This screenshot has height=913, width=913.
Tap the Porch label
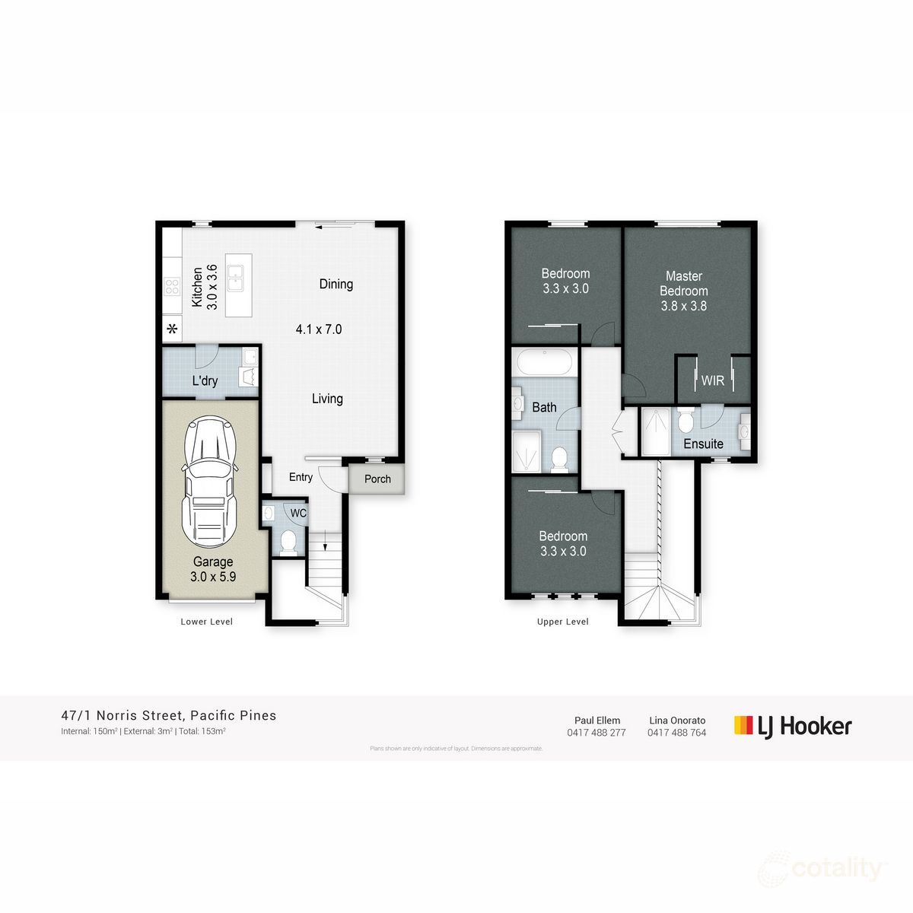coord(377,479)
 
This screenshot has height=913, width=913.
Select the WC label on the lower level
coord(298,514)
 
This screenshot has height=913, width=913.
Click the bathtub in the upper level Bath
coord(545,362)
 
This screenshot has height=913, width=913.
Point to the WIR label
coord(713,380)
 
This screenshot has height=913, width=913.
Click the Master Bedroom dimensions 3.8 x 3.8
coord(684,306)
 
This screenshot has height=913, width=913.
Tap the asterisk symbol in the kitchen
coord(173,329)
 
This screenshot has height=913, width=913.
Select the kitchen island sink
coord(238,278)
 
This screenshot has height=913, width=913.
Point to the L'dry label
coord(205,380)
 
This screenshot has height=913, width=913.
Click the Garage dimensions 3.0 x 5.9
coord(213,577)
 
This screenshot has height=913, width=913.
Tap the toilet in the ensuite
coord(686,420)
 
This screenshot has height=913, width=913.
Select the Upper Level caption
coord(563,622)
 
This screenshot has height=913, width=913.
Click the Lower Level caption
coord(207,622)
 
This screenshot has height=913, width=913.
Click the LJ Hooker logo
coord(793,726)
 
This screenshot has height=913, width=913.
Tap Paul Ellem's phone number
coord(596,733)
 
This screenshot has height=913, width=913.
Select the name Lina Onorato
coord(677,720)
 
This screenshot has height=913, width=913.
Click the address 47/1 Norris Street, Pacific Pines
coord(169,715)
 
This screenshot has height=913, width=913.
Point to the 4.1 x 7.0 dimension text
coord(319,329)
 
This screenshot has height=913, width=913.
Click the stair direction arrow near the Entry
coord(326,542)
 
